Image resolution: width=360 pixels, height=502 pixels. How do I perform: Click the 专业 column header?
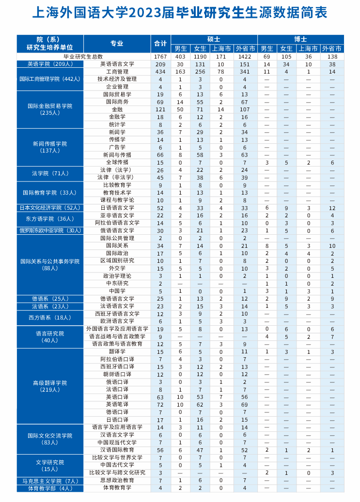coord(117,44)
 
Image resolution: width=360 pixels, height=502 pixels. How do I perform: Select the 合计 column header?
coord(160,44)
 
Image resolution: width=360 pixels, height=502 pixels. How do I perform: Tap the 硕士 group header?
coord(214,39)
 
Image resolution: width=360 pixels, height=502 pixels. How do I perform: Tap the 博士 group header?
coord(300,39)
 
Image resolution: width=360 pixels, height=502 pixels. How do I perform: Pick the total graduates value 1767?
coord(160,57)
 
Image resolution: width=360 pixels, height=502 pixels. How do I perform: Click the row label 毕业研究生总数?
coord(83,57)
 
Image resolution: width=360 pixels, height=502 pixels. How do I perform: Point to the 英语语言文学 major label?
coord(117,64)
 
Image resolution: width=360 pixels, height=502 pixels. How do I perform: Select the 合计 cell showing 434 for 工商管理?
coord(160,72)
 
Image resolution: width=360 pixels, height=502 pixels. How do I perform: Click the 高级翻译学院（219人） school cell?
coord(50,386)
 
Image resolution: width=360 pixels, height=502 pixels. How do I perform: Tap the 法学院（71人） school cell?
coord(50,173)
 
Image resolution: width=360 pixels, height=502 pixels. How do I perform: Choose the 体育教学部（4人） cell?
coord(50,488)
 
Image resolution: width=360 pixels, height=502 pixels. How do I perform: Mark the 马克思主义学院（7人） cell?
coord(50,481)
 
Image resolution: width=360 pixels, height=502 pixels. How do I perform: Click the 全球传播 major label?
coord(117,162)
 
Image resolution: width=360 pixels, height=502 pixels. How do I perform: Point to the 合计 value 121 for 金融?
coord(160,109)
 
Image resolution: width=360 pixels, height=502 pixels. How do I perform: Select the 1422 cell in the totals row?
coord(245,57)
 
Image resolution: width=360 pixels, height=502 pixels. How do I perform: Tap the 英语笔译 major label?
coord(117,404)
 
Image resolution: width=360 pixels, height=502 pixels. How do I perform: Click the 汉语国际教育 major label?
coord(117,450)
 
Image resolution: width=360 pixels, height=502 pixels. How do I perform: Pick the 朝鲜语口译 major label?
coord(117,374)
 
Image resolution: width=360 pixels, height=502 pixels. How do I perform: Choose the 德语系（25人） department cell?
coord(50,299)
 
